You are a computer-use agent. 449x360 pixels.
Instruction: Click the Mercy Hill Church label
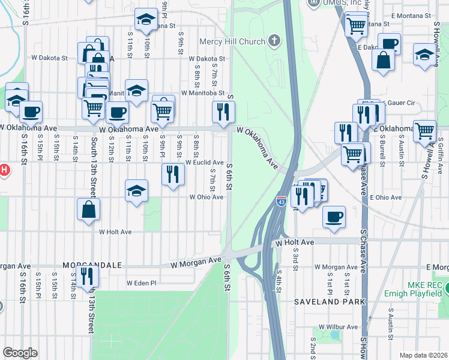click(233, 42)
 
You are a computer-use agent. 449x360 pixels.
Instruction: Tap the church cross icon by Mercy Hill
click(274, 41)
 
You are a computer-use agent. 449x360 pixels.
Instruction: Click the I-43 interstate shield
click(281, 202)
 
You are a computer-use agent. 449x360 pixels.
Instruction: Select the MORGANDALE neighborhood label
click(93, 265)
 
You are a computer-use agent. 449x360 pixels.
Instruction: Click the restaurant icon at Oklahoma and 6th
click(223, 112)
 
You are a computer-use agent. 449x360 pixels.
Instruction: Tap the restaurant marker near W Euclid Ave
click(173, 175)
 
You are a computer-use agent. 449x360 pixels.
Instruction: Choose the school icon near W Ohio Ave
click(137, 191)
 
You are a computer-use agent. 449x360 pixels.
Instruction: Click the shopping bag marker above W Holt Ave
click(88, 209)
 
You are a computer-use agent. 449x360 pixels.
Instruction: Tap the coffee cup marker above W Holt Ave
click(334, 217)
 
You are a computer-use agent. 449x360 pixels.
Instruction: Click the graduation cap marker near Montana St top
click(145, 20)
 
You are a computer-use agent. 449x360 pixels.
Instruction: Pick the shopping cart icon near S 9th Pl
click(163, 110)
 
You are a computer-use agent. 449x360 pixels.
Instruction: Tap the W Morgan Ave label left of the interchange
click(196, 262)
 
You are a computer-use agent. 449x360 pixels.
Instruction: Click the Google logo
click(20, 353)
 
